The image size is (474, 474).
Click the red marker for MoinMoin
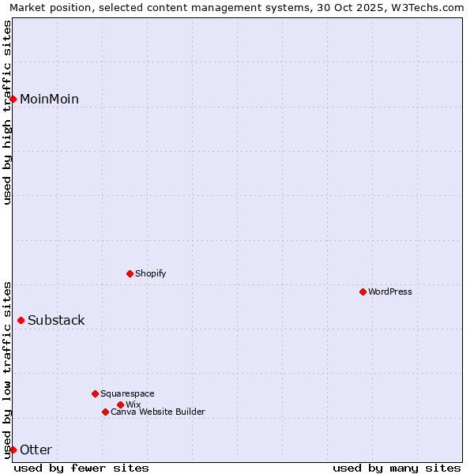(13, 99)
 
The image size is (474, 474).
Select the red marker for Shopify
(130, 273)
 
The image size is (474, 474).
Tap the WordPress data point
(363, 292)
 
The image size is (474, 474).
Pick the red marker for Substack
(21, 320)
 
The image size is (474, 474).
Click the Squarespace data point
(95, 393)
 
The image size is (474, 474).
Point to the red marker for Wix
(120, 404)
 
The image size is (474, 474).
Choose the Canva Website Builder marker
(105, 412)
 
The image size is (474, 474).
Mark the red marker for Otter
(13, 450)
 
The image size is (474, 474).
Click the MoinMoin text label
(49, 99)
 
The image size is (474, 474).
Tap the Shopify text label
(150, 273)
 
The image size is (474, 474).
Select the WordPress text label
(390, 292)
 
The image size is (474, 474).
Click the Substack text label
(56, 320)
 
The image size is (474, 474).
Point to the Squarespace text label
(127, 393)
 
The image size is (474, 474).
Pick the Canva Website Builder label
(157, 412)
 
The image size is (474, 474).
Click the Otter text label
(36, 450)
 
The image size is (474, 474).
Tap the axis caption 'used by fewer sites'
(81, 468)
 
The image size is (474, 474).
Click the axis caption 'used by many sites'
(397, 468)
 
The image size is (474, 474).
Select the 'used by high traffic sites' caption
(7, 112)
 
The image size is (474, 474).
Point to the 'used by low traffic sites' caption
(7, 369)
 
